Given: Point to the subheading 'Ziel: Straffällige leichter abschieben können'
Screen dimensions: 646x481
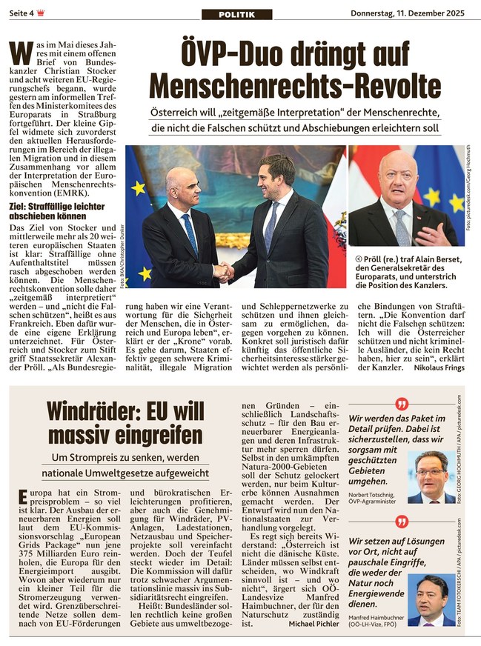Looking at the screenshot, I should (x=57, y=210).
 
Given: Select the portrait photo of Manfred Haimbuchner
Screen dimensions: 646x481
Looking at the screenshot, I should (x=431, y=599).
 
